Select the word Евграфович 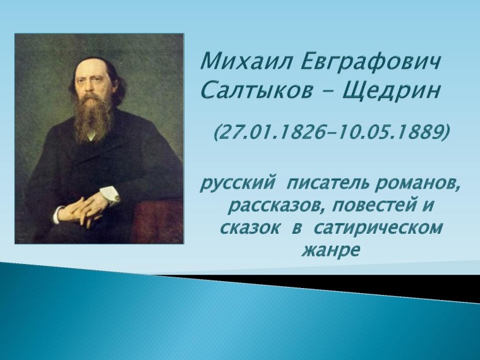click(370, 63)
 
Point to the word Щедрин click(391, 91)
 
